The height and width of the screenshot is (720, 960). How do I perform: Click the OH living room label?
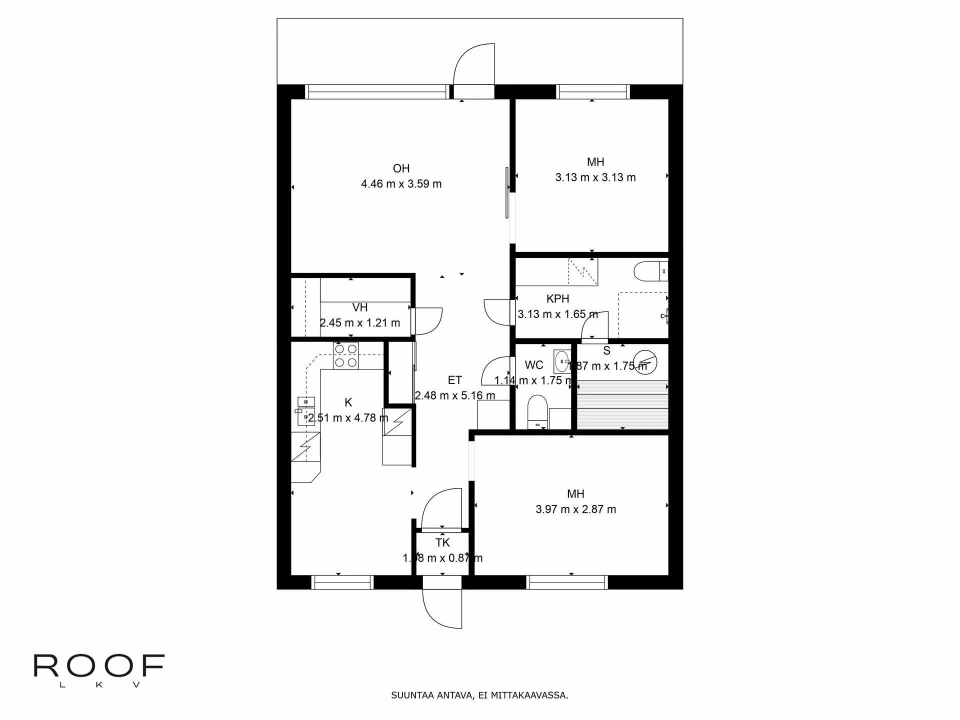[x=401, y=168]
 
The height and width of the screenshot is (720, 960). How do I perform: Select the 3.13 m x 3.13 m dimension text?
[x=595, y=177]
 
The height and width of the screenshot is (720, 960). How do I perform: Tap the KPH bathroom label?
[x=557, y=298]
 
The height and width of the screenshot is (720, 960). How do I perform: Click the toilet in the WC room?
[x=537, y=411]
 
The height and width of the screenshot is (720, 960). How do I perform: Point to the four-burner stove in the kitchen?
[x=346, y=355]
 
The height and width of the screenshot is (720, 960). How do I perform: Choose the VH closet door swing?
[x=428, y=321]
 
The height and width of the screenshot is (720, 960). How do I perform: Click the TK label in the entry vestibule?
[x=442, y=542]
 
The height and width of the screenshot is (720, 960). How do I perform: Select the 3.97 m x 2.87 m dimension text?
[x=575, y=509]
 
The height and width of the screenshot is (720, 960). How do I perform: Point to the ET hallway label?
[x=454, y=380]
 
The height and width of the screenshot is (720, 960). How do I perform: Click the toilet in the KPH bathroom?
[x=649, y=271]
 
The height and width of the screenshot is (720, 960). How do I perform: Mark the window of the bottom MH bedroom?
[x=567, y=582]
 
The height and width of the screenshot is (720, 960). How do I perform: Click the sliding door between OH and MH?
[x=507, y=192]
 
